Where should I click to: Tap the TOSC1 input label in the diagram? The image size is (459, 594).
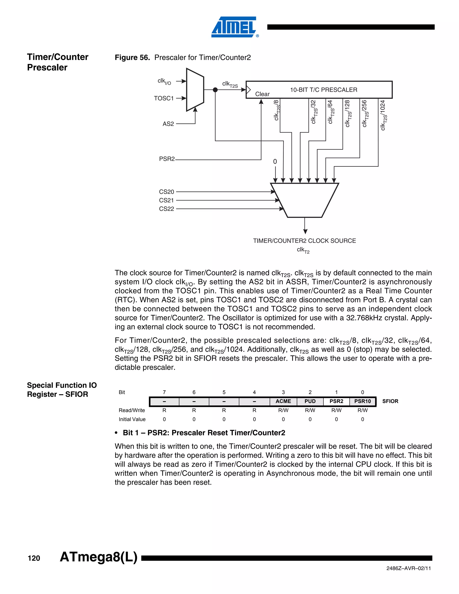coord(164,98)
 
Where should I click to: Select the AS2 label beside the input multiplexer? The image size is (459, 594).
coord(168,124)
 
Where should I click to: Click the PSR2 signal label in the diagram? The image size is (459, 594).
coord(167,159)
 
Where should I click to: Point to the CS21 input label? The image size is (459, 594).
coord(167,200)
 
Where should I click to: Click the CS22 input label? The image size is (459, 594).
coord(167,209)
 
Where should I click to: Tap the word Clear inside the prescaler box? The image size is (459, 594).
coord(262,94)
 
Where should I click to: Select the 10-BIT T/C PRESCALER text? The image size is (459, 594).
coord(324,90)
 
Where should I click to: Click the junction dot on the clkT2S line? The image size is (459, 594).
coord(215,90)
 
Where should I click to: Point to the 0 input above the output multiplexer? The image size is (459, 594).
coord(275,162)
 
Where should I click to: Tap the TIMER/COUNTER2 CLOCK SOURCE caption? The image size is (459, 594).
coord(304,241)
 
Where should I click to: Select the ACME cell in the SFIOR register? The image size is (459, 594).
coord(283,401)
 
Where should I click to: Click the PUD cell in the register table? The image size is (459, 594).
coord(310,401)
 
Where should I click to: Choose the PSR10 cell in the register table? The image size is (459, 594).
coord(362,401)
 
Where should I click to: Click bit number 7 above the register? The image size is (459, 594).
coord(164,392)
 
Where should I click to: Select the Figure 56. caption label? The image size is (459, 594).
coord(132,57)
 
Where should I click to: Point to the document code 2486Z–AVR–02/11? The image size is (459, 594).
coord(408,568)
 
